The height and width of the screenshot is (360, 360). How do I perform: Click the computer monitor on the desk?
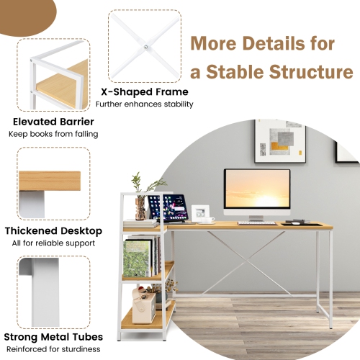pos(257,190)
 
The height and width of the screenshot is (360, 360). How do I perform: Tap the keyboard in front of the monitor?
pos(256,222)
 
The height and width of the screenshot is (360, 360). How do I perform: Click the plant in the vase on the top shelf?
pos(139,188)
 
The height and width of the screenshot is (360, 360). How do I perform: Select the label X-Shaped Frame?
pos(145,92)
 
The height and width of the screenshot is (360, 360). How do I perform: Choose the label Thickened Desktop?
pos(50,231)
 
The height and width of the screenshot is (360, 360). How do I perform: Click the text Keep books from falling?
pos(53,134)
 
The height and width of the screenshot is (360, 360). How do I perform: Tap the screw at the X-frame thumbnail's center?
pos(145,47)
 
